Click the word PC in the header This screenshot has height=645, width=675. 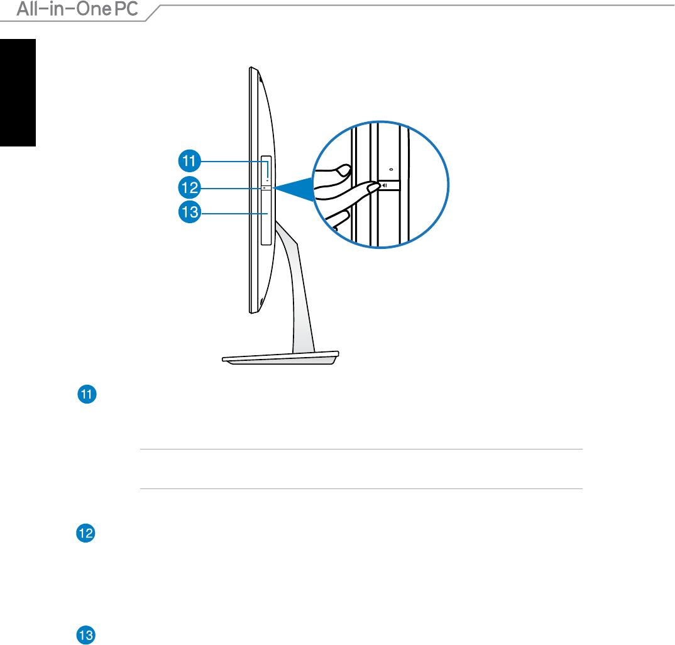(x=126, y=9)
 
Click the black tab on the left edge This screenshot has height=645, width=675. (x=18, y=92)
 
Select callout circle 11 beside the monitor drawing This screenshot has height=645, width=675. (x=189, y=161)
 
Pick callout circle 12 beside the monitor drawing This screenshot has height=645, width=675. (x=189, y=188)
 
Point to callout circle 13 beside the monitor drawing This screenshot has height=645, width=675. (x=190, y=212)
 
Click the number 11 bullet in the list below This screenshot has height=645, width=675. (x=87, y=394)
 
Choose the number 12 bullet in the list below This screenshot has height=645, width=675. (x=85, y=533)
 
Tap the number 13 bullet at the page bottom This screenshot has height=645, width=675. (x=85, y=635)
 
